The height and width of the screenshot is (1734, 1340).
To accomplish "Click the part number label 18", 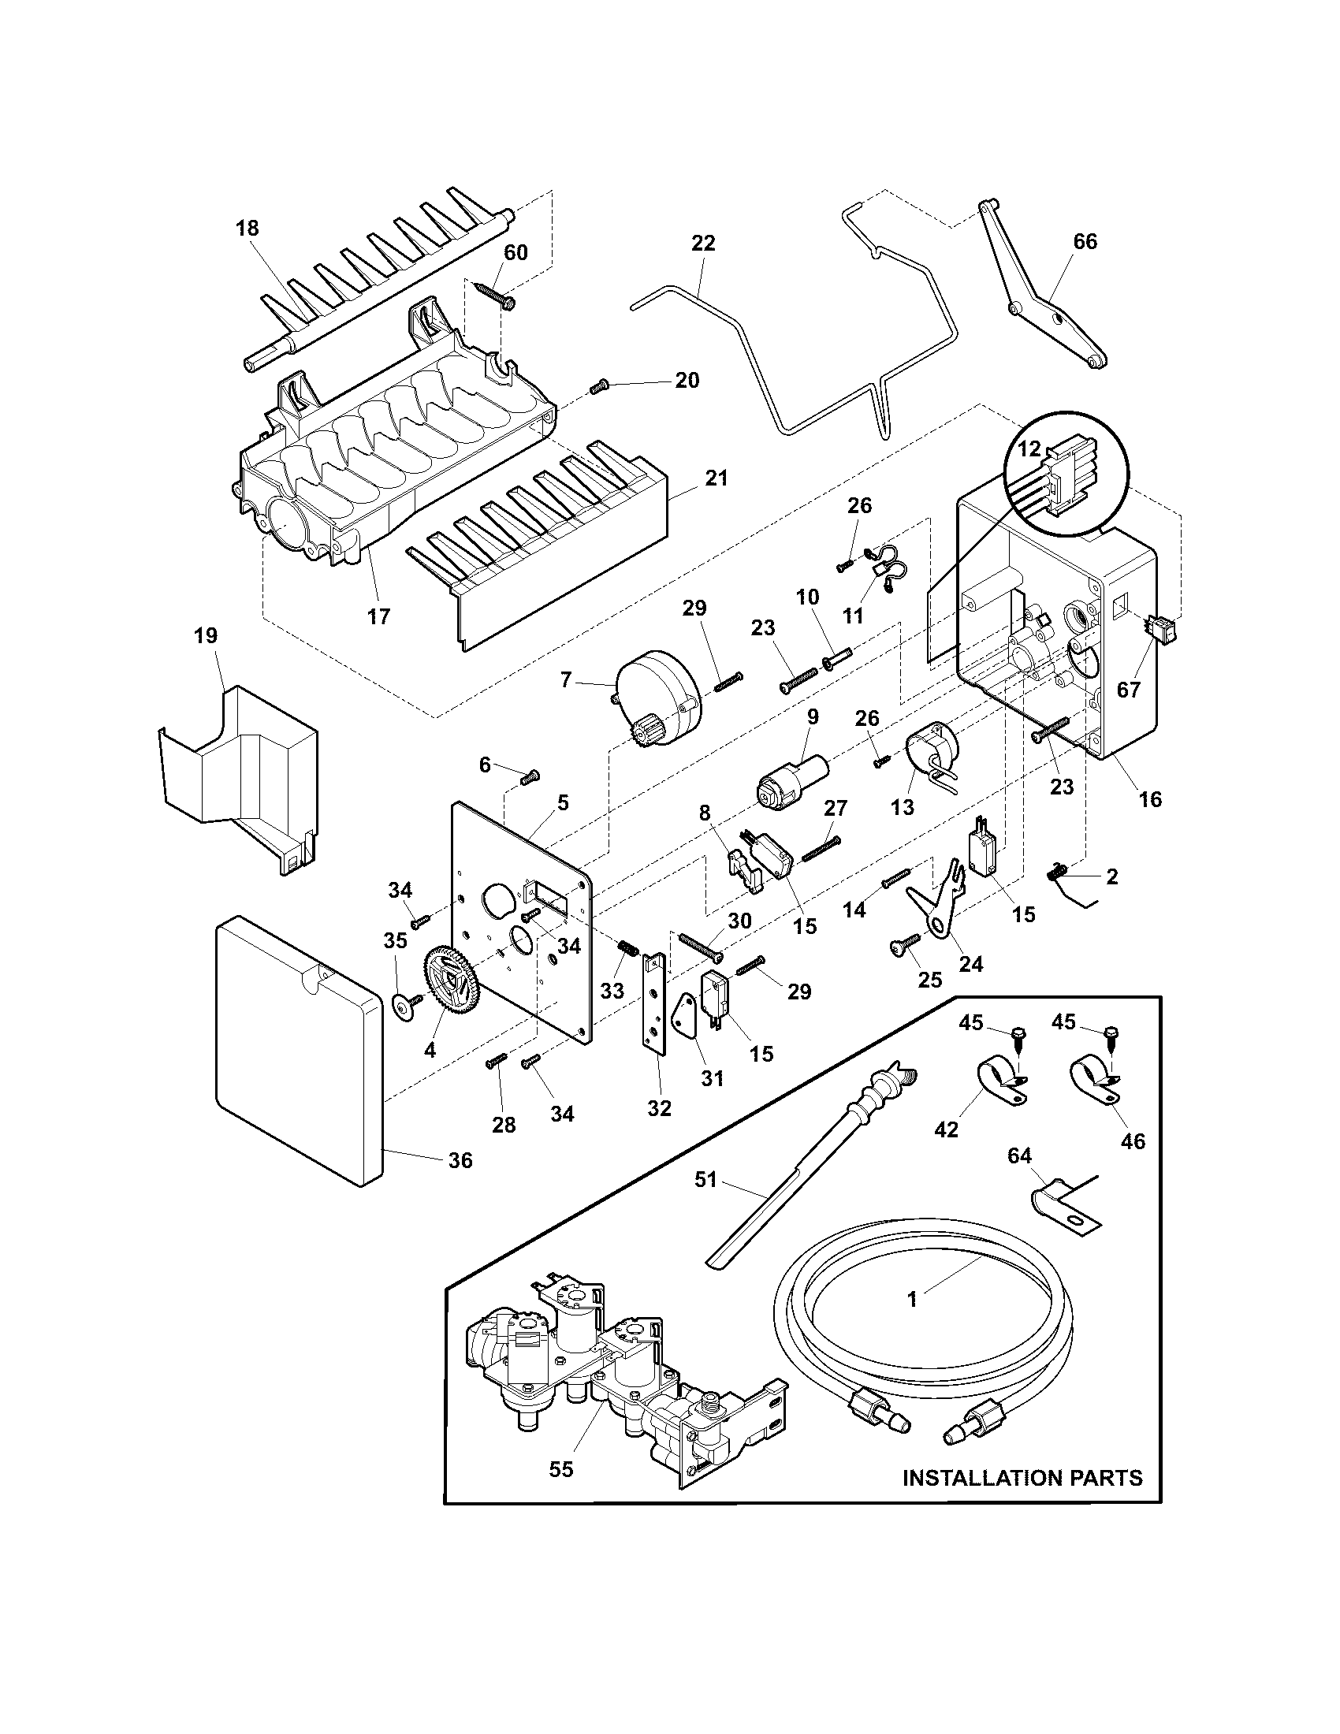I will [x=247, y=229].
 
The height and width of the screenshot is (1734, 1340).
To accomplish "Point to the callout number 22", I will [x=703, y=243].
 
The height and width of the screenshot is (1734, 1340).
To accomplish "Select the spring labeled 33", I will [x=628, y=947].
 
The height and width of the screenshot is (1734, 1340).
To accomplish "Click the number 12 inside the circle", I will [x=1029, y=448].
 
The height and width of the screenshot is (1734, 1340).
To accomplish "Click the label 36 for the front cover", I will [x=460, y=1161].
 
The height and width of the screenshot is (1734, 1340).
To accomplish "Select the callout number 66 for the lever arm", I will [x=1085, y=241].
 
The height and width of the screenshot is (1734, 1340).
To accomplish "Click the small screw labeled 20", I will [x=598, y=388].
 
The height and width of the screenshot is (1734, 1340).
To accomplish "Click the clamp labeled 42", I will [x=994, y=1077].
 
